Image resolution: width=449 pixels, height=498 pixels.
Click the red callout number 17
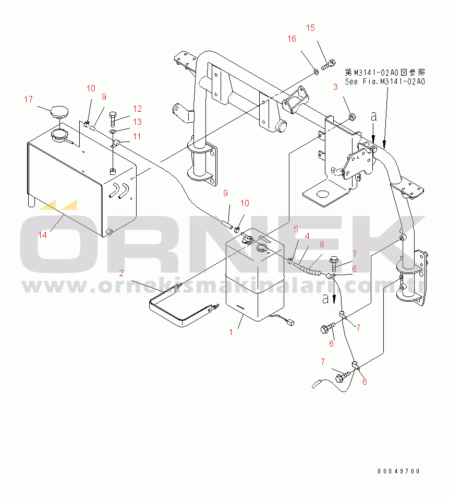point(28,99)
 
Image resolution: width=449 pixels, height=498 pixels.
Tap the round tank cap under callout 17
point(59,112)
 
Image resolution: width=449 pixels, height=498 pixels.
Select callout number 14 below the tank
point(42,235)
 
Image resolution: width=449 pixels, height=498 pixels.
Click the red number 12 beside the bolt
point(137,109)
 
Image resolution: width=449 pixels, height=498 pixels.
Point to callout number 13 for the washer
point(137,122)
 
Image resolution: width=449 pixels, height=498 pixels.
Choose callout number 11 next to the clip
point(137,136)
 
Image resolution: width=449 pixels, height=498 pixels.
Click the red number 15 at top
point(310,28)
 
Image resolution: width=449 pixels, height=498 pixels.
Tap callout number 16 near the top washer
point(292,39)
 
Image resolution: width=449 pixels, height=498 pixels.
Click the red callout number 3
point(335,87)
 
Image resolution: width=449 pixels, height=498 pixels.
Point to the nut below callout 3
point(352,117)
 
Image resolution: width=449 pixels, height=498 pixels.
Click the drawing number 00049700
point(398,471)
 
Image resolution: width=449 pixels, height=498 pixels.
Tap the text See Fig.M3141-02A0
point(385,81)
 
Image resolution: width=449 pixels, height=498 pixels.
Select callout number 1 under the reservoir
point(230,332)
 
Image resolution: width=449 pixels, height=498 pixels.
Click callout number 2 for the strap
point(121,273)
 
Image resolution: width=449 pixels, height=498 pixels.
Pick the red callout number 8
point(322,244)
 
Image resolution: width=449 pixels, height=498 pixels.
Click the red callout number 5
point(296,229)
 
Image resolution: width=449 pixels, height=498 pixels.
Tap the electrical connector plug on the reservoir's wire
point(290,323)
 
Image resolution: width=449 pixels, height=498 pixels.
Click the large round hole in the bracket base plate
point(323,194)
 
